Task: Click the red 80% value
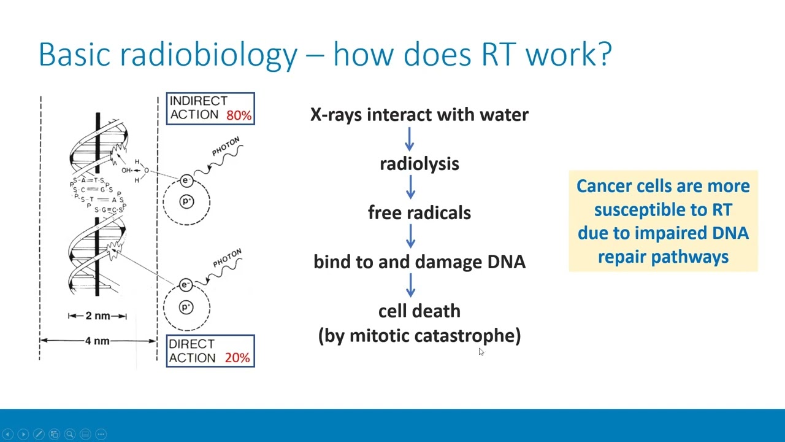(239, 115)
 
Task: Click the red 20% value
(237, 358)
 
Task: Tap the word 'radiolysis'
(419, 164)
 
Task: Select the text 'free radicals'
(419, 213)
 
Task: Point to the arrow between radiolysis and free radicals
(410, 187)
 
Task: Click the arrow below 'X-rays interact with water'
(410, 138)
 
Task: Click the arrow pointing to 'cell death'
(410, 285)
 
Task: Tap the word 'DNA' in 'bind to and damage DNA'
(506, 262)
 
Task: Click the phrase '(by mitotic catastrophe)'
(419, 336)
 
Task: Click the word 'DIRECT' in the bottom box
(191, 344)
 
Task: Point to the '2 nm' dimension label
(98, 316)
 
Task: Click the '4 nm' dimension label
(98, 341)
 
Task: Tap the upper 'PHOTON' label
(226, 147)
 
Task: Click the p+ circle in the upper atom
(186, 202)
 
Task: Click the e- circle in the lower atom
(186, 285)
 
